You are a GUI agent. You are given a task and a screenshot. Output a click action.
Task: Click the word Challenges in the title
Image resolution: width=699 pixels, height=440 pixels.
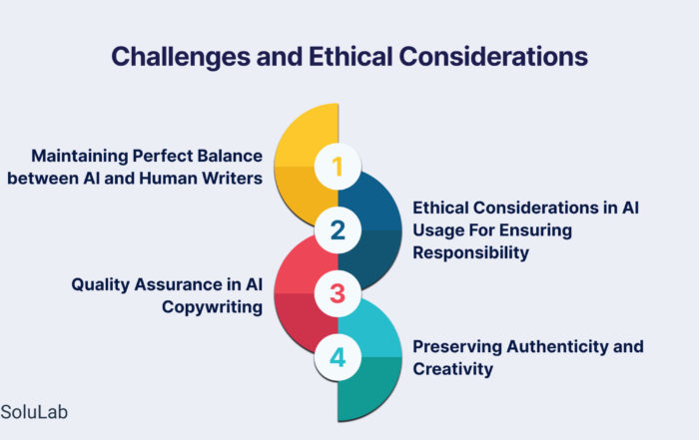pos(181,58)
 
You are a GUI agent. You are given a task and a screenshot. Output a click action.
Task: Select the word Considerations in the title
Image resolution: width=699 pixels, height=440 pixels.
pos(493,57)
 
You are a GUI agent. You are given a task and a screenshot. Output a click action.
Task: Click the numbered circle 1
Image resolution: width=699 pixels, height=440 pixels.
pos(338,167)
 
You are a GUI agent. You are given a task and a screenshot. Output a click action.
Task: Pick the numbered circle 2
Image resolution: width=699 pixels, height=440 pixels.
pos(338,230)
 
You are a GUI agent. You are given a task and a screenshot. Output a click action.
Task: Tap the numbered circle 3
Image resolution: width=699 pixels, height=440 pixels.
pos(338,293)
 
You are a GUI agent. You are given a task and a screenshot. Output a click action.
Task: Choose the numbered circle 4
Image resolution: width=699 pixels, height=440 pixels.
pos(338,357)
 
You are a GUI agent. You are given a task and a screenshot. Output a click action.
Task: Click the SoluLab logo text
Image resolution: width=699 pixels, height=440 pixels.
pos(34,412)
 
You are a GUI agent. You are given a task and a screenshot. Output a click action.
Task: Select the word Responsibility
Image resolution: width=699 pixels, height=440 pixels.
pos(470,252)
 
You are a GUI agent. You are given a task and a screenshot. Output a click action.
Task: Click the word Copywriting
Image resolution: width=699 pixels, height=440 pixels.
pos(212,307)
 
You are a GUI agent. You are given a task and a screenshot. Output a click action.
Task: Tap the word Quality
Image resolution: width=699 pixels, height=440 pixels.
pos(100,284)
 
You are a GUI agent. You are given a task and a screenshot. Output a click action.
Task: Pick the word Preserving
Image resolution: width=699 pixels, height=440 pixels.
pos(457,346)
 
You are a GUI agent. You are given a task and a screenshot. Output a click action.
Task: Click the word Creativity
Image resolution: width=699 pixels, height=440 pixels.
pos(453,369)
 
